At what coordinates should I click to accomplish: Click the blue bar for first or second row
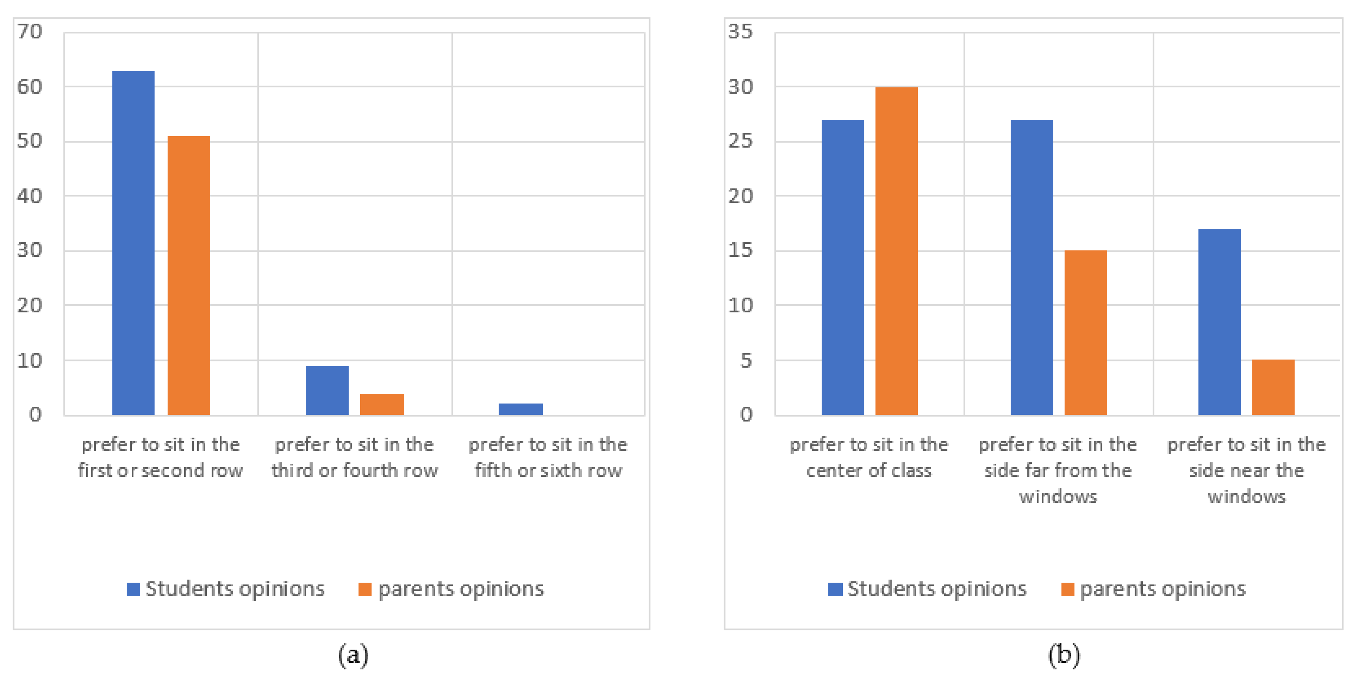point(134,243)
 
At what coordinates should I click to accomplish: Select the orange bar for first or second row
point(189,275)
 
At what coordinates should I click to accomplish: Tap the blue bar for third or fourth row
point(327,390)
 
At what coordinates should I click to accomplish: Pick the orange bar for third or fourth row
point(382,404)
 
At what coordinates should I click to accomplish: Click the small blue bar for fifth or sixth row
point(521,409)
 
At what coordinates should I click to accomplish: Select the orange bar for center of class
point(897,251)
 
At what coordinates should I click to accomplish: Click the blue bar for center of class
point(842,268)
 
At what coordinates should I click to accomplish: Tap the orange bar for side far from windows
point(1086,332)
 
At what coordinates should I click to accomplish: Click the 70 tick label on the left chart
point(30,32)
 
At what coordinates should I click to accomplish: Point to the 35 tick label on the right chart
point(740,32)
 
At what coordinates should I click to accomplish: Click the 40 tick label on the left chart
point(30,196)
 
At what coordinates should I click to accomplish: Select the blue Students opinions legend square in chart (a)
point(133,589)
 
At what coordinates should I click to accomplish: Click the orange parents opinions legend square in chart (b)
point(1067,589)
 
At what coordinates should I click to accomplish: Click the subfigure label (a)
point(353,655)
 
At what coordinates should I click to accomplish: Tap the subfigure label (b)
point(1064,655)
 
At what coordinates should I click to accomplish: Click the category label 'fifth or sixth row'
point(548,457)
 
